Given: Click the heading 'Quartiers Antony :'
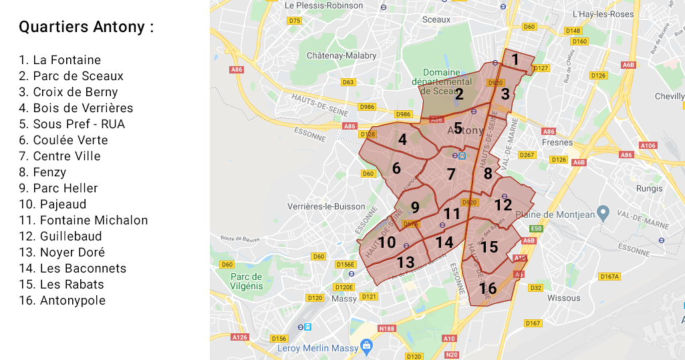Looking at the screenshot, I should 86,27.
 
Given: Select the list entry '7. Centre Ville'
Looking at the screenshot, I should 59,156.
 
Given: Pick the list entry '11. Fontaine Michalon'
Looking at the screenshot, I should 83,220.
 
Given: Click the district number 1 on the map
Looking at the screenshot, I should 515,59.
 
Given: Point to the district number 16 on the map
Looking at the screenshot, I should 488,289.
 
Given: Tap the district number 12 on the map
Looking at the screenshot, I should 503,205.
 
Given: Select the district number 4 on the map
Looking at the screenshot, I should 402,140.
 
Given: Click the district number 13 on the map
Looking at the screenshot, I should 406,262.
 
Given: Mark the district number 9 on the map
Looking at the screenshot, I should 415,208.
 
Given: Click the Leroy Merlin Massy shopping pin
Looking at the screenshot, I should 366,346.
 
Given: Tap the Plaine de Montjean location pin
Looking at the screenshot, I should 603,213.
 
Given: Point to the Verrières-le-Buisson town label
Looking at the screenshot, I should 326,206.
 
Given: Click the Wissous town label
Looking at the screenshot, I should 563,298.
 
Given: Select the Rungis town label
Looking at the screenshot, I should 650,188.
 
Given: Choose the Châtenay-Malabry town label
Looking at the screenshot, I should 341,56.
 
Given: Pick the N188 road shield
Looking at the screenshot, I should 386,329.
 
